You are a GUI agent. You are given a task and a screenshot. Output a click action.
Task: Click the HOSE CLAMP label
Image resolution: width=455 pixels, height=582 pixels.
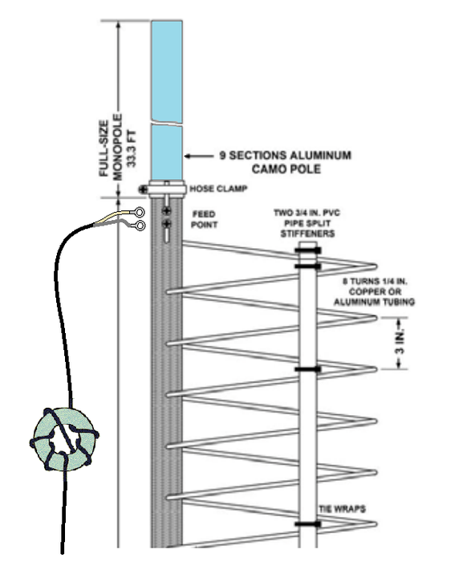click(x=218, y=189)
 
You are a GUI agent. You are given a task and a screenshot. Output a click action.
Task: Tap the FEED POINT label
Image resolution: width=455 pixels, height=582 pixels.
click(x=204, y=219)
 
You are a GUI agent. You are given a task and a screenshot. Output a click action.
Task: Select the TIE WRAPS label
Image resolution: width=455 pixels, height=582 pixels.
click(x=342, y=508)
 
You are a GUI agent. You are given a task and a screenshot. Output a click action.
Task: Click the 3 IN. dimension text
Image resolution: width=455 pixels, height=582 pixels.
click(x=400, y=344)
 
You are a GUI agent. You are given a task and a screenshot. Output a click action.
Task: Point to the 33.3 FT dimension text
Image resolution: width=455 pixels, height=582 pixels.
click(x=132, y=149)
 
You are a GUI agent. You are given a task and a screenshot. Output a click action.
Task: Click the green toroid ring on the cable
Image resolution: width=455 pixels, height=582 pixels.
click(x=64, y=439)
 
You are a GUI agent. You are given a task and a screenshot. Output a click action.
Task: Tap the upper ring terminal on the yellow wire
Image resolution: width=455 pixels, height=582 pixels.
click(x=139, y=212)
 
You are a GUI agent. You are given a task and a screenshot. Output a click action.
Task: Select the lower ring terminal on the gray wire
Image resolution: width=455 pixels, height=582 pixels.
click(x=140, y=226)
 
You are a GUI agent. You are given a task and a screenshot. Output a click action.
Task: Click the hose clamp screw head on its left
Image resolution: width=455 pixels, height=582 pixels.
click(x=143, y=189)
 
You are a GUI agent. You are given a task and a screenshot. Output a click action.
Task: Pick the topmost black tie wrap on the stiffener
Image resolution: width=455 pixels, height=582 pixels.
click(x=307, y=250)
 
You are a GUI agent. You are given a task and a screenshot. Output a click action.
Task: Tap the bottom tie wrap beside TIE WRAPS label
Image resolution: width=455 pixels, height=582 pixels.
click(x=307, y=524)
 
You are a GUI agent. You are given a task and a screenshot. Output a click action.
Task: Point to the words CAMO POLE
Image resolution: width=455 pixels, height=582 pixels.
click(x=286, y=169)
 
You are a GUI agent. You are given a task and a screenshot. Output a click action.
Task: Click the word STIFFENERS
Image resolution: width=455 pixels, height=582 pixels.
click(x=307, y=234)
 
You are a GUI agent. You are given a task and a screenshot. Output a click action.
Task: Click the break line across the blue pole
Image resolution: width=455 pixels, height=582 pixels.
click(x=167, y=124)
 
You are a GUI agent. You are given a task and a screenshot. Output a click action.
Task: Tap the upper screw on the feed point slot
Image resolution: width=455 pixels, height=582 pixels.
click(x=167, y=211)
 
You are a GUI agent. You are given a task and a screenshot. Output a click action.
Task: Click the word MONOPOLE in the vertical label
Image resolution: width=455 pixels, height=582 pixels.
click(x=117, y=147)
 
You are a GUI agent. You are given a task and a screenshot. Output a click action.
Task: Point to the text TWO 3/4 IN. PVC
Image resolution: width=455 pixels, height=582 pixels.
click(x=307, y=213)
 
